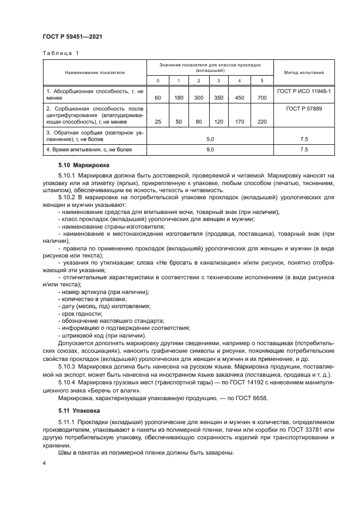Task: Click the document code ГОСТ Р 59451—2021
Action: point(72,36)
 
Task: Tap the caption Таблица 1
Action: point(60,53)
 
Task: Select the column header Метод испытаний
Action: point(304,72)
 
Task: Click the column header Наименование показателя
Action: point(95,72)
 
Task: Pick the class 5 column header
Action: point(261,81)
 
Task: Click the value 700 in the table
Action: point(261,97)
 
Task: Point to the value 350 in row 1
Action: point(219,97)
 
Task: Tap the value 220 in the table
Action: point(261,121)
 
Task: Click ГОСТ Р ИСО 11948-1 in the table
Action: point(304,91)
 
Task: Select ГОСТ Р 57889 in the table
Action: point(304,109)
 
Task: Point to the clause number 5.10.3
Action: point(68,367)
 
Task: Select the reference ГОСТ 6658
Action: point(235,398)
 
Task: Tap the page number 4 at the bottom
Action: point(44,463)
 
